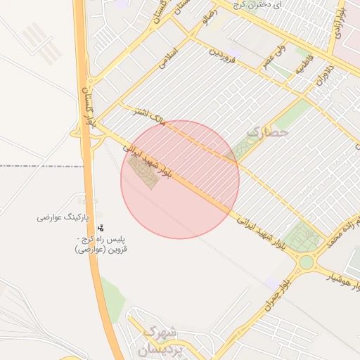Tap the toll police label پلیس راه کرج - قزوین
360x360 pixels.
105,244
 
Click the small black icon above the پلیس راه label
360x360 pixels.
102,228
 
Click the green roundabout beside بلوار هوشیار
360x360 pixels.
306,264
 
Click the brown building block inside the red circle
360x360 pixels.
145,171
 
